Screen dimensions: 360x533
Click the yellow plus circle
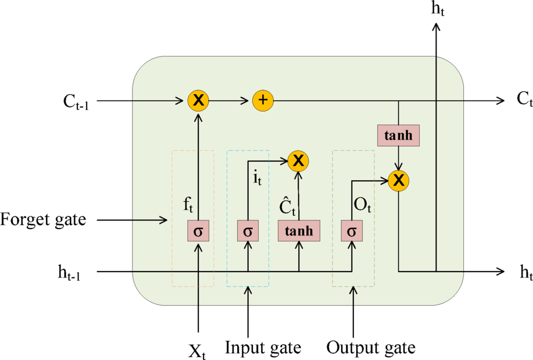pyautogui.click(x=263, y=101)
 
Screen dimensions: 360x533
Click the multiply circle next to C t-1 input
pyautogui.click(x=199, y=101)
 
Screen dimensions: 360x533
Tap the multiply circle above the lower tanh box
pyautogui.click(x=299, y=161)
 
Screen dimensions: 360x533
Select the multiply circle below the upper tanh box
pyautogui.click(x=399, y=181)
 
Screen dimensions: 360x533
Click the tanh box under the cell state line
pyautogui.click(x=399, y=135)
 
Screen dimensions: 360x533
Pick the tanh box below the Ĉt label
pyautogui.click(x=299, y=231)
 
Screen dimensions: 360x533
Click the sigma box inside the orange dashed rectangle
pyautogui.click(x=199, y=231)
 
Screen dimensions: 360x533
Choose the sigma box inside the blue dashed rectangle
pyautogui.click(x=248, y=231)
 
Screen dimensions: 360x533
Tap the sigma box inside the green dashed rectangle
pyautogui.click(x=351, y=231)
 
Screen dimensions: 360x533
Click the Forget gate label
pyautogui.click(x=43, y=220)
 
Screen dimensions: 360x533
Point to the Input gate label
pyautogui.click(x=263, y=348)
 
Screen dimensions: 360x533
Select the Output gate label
pyautogui.click(x=371, y=348)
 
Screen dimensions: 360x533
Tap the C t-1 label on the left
pyautogui.click(x=79, y=101)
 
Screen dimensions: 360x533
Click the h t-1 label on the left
pyautogui.click(x=69, y=272)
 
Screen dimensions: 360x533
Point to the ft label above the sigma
pyautogui.click(x=187, y=205)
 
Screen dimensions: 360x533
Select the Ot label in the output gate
pyautogui.click(x=362, y=205)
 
